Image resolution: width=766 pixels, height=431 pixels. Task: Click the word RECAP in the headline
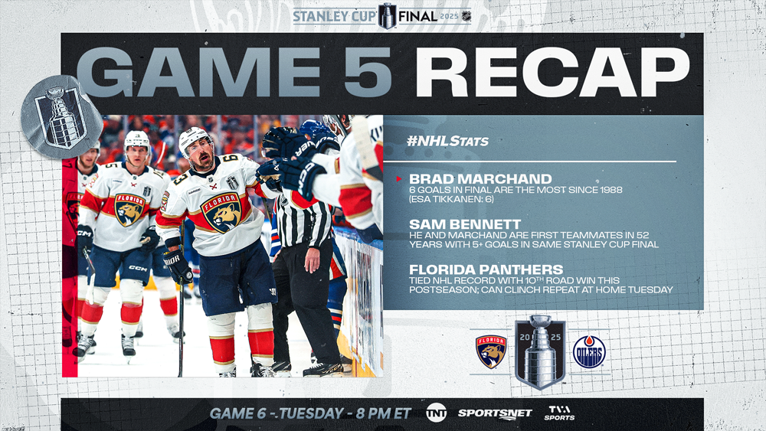[552, 72]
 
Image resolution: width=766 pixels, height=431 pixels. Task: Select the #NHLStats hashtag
[447, 141]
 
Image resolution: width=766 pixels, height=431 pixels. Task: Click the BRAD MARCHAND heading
[480, 178]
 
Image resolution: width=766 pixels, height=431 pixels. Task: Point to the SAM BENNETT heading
[465, 224]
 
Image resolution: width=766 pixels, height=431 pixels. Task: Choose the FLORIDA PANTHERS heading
[486, 269]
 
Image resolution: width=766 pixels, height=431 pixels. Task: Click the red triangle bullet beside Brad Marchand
[399, 179]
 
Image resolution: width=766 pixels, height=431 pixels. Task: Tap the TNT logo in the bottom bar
[436, 413]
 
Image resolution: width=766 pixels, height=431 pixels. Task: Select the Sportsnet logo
[494, 413]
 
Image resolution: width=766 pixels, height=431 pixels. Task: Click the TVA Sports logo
[559, 413]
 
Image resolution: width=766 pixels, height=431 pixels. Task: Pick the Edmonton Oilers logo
[588, 351]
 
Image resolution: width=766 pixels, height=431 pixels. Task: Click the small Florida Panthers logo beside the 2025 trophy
[491, 351]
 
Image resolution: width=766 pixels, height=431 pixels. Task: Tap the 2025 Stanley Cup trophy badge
[540, 351]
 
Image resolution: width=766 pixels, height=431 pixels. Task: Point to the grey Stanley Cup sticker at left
[61, 117]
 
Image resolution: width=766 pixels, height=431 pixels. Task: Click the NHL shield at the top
[466, 16]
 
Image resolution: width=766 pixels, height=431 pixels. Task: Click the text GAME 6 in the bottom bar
[238, 413]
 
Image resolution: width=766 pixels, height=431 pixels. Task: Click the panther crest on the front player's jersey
[221, 212]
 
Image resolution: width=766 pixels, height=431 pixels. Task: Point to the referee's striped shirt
[303, 222]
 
